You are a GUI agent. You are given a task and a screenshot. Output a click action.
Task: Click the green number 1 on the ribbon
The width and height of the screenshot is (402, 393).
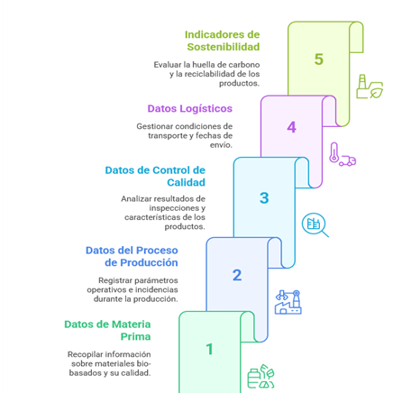210,349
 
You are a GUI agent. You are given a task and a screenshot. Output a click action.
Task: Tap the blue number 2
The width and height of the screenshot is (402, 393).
237,275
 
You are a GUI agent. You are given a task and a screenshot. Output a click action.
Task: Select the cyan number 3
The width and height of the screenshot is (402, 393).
264,198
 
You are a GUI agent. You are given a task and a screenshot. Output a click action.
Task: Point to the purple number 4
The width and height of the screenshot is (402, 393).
291,127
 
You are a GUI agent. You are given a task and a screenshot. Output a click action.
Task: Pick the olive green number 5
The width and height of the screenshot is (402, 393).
319,59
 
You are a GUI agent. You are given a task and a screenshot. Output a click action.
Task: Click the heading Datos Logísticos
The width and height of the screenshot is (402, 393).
190,108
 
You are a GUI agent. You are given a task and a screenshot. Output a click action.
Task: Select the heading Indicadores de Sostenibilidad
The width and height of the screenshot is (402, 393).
223,41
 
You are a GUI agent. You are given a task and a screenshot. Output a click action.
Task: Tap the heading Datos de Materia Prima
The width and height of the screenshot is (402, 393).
107,330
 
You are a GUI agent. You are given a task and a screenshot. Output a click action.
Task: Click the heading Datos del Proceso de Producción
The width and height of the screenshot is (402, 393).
132,256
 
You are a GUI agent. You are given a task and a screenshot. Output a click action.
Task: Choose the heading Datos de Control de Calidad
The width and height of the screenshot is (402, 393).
155,176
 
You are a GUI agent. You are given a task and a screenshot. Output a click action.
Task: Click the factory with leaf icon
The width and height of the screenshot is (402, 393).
370,87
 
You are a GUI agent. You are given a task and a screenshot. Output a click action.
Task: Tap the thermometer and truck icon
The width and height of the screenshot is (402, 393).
343,154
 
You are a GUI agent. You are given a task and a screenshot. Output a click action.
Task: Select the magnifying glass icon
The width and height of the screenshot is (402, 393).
315,225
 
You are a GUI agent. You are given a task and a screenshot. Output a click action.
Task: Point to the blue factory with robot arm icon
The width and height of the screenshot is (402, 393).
288,302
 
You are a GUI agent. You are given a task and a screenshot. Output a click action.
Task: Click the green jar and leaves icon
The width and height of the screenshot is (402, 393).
260,377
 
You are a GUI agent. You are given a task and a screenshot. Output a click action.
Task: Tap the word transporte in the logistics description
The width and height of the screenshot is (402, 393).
168,136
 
